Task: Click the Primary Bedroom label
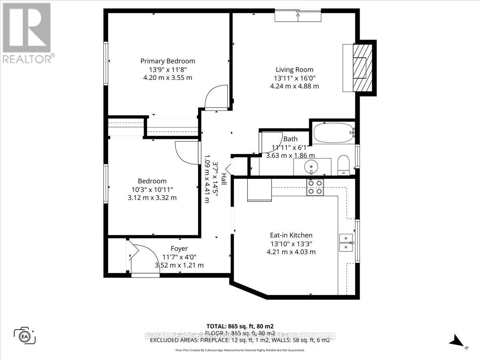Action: click(x=168, y=61)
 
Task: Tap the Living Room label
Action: click(x=294, y=70)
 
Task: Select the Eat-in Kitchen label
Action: click(x=291, y=235)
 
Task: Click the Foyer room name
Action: click(x=179, y=248)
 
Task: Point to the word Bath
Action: click(x=290, y=139)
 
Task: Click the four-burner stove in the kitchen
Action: click(x=315, y=187)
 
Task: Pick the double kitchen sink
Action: click(x=346, y=242)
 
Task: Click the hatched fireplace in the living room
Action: click(x=359, y=67)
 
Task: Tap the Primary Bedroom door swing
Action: click(x=216, y=98)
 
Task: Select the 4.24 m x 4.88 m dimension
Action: click(x=294, y=86)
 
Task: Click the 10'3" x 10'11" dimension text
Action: click(x=152, y=189)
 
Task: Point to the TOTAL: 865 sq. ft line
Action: click(x=240, y=326)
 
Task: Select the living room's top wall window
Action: click(x=298, y=16)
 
